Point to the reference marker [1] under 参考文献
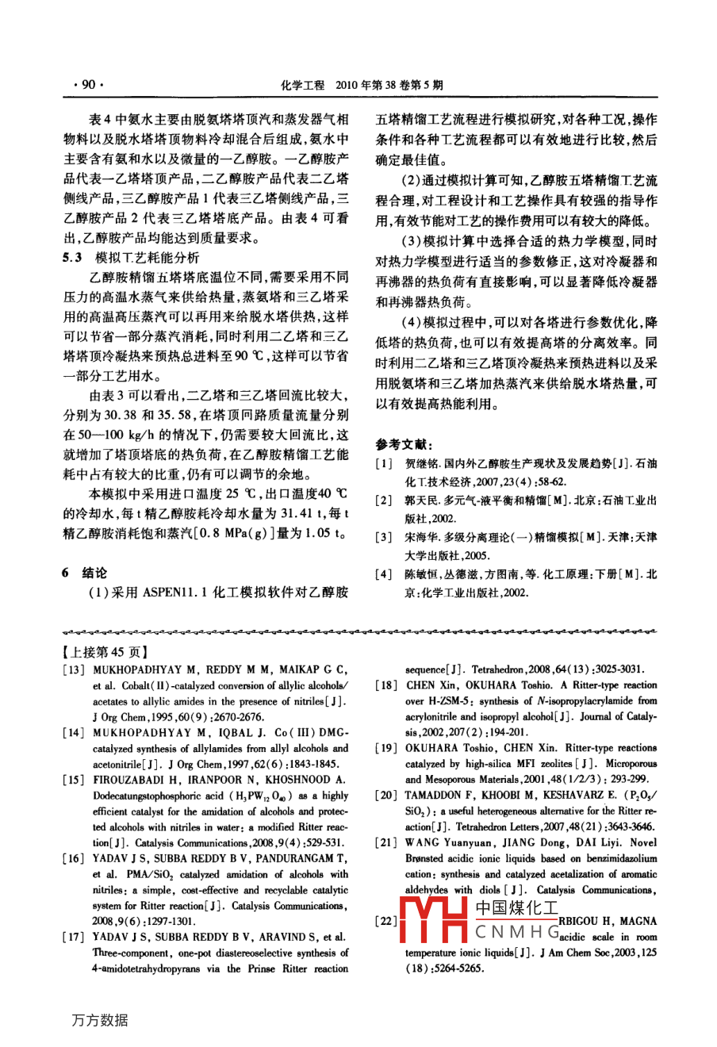384,464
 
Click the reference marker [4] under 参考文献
384,574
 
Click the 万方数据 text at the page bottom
100,1021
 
